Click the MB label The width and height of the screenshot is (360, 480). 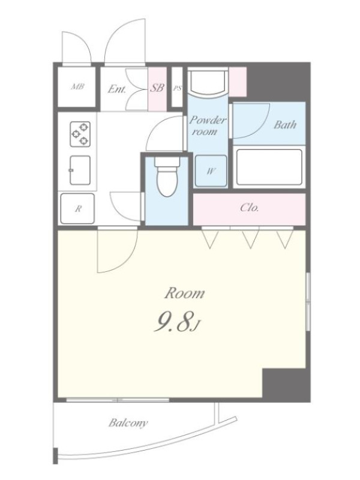(77, 87)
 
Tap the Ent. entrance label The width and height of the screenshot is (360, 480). (116, 89)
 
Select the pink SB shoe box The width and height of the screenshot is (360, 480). (157, 89)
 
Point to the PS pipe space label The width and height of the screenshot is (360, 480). (177, 88)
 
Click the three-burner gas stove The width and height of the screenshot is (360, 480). (80, 134)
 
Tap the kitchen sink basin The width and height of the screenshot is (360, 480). (80, 170)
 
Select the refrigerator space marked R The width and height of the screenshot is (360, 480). (77, 208)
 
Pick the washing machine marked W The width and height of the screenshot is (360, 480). (211, 171)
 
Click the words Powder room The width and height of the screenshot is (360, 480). (207, 125)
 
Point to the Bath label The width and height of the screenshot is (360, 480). (285, 125)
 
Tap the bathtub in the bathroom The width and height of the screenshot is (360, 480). (269, 167)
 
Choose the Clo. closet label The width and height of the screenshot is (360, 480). (250, 208)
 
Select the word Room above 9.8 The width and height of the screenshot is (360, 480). (185, 293)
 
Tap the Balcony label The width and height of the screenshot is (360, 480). (128, 423)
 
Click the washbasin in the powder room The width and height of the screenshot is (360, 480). (208, 82)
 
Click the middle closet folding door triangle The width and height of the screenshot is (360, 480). (251, 239)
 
